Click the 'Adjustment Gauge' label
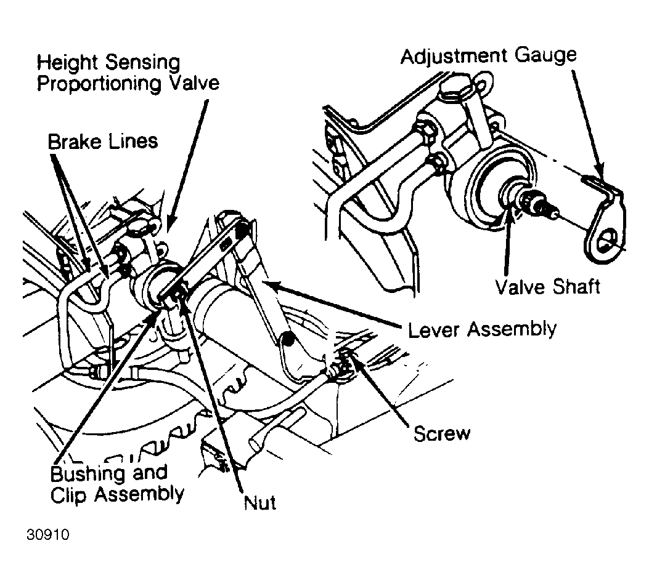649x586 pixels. (x=488, y=57)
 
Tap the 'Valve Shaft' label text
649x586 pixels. (x=547, y=286)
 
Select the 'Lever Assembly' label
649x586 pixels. (x=482, y=330)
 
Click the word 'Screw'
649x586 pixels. (x=442, y=433)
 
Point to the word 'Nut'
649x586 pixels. (x=260, y=503)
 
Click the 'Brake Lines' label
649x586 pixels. (x=103, y=142)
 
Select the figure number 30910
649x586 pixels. (x=48, y=535)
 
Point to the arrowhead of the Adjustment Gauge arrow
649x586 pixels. (x=599, y=173)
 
